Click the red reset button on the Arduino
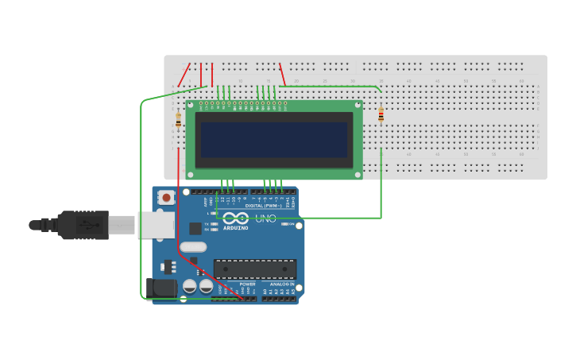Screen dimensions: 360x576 tap(166, 197)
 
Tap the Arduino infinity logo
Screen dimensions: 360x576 tap(235, 219)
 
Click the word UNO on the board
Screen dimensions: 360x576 tap(265, 219)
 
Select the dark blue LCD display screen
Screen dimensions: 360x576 tap(274, 139)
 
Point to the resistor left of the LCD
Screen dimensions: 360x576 tap(178, 120)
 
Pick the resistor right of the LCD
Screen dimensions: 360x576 tap(381, 115)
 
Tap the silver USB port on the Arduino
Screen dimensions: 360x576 tap(155, 225)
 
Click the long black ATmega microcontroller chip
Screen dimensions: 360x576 tap(254, 269)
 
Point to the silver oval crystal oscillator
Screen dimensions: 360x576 tap(193, 247)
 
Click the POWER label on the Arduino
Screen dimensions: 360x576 tap(248, 284)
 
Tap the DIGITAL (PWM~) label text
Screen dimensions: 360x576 tap(263, 206)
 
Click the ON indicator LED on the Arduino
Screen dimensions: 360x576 tap(285, 224)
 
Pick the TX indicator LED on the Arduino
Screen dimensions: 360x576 tap(215, 224)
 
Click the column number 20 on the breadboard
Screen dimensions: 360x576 tap(296, 80)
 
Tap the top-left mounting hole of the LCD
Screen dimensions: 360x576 tap(191, 104)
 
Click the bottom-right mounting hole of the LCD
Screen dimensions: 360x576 tap(358, 175)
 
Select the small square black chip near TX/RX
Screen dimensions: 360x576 tap(195, 228)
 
